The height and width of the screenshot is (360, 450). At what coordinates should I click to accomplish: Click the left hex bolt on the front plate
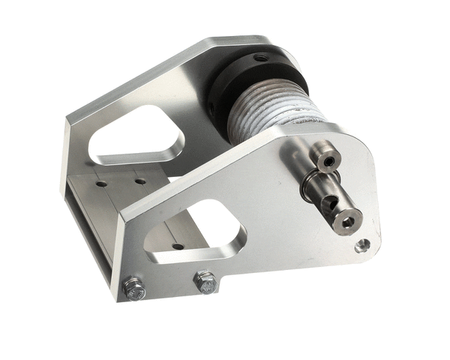pyautogui.click(x=134, y=288)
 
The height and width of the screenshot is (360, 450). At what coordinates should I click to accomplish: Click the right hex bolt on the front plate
pyautogui.click(x=205, y=281)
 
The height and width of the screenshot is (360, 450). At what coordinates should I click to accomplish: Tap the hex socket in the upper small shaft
pyautogui.click(x=328, y=160)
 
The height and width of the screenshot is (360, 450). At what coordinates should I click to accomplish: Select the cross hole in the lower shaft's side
pyautogui.click(x=327, y=202)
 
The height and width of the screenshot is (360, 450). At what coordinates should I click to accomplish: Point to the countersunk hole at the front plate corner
pyautogui.click(x=362, y=245)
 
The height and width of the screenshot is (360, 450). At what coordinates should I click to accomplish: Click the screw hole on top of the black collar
pyautogui.click(x=259, y=58)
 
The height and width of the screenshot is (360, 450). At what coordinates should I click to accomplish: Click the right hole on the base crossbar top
pyautogui.click(x=139, y=181)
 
